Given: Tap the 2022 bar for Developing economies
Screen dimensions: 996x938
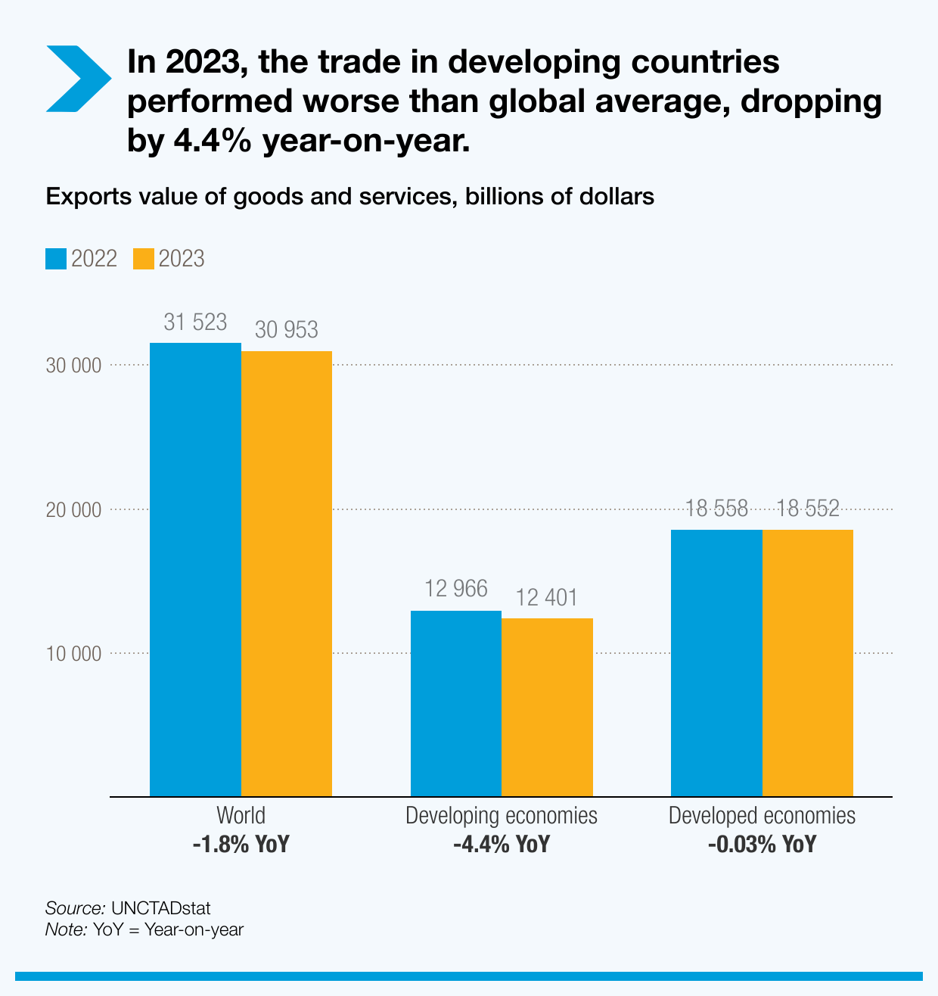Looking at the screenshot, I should (455, 703).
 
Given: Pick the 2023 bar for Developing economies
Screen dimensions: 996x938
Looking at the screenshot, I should (547, 707).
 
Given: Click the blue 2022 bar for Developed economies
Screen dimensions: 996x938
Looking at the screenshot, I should (716, 663).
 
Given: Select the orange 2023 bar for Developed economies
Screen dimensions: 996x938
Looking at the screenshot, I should (808, 663).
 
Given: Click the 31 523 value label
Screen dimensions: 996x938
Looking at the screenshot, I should (195, 322).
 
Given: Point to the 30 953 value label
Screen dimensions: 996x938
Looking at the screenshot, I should (287, 330).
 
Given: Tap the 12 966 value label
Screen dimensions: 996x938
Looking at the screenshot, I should (455, 589).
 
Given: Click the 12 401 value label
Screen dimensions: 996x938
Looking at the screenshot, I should (547, 598).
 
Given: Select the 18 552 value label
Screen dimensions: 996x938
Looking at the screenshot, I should (808, 509).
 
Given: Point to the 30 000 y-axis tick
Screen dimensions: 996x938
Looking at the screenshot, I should (73, 366).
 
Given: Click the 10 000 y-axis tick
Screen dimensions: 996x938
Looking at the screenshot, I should (73, 653).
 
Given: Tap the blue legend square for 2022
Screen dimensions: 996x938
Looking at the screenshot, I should (57, 259).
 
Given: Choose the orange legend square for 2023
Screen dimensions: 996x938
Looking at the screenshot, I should (144, 259).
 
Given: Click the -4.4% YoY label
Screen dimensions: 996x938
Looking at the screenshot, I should (502, 844).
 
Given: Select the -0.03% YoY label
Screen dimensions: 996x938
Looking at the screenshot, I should (762, 844).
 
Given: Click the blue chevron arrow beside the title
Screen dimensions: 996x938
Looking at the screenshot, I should (78, 79).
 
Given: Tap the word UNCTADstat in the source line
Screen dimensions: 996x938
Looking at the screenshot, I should (160, 908).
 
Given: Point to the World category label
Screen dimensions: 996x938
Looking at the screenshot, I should (241, 816).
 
